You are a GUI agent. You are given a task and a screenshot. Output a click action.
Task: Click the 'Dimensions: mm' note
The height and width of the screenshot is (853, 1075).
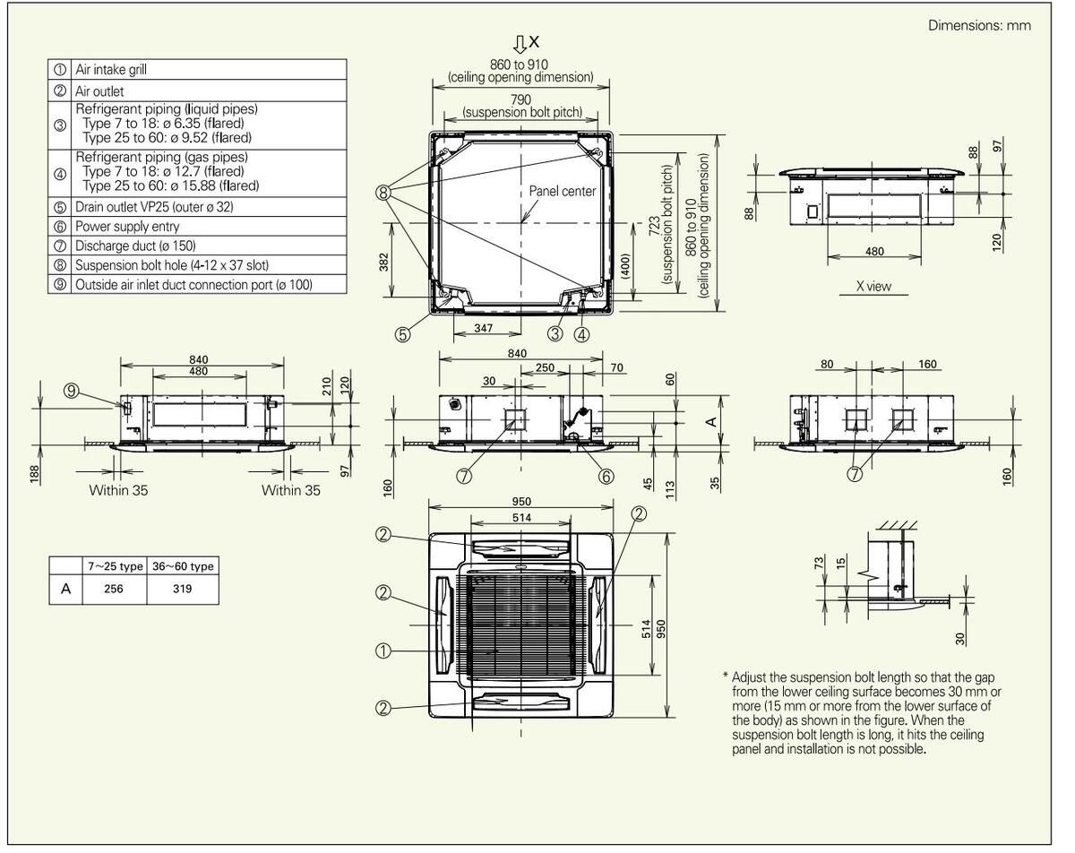pyautogui.click(x=979, y=25)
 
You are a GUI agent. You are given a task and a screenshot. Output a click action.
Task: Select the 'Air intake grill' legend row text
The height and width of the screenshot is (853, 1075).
pyautogui.click(x=111, y=70)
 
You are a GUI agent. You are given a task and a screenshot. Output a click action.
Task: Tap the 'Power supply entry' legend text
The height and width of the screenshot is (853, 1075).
pyautogui.click(x=127, y=227)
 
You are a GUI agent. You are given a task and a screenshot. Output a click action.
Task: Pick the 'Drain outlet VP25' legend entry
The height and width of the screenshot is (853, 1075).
pyautogui.click(x=154, y=207)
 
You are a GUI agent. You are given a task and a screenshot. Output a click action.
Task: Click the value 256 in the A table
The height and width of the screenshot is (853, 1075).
pyautogui.click(x=114, y=589)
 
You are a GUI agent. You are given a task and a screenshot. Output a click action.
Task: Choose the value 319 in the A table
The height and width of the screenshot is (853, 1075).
pyautogui.click(x=183, y=589)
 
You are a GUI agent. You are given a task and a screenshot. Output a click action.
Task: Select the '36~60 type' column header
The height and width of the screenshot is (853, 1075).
pyautogui.click(x=183, y=566)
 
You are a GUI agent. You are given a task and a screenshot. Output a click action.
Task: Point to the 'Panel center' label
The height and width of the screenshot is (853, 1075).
pyautogui.click(x=562, y=191)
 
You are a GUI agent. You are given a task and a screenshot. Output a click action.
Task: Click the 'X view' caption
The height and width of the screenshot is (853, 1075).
pyautogui.click(x=873, y=287)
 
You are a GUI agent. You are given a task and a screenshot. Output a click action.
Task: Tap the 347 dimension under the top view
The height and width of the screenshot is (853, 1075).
pyautogui.click(x=483, y=328)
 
